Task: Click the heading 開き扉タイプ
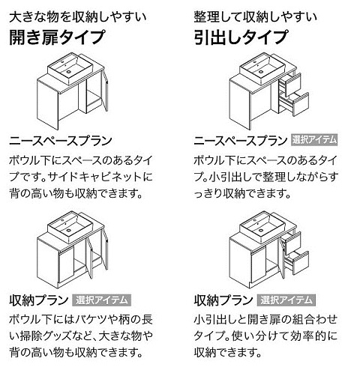pyautogui.click(x=57, y=37)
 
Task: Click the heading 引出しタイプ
pyautogui.click(x=241, y=37)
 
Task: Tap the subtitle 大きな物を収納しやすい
pyautogui.click(x=78, y=17)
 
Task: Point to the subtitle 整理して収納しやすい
pyautogui.click(x=256, y=17)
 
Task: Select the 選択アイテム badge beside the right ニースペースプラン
pyautogui.click(x=315, y=140)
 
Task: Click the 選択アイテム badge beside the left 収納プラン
pyautogui.click(x=102, y=300)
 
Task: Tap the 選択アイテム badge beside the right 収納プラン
pyautogui.click(x=286, y=300)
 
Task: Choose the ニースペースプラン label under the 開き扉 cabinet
pyautogui.click(x=61, y=141)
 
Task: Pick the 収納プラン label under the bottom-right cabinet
pyautogui.click(x=223, y=300)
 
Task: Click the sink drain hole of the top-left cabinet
pyautogui.click(x=68, y=72)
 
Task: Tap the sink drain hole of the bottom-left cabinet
pyautogui.click(x=68, y=230)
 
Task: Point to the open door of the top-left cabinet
pyautogui.click(x=105, y=91)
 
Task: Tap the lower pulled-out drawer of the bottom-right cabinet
pyautogui.click(x=298, y=262)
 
